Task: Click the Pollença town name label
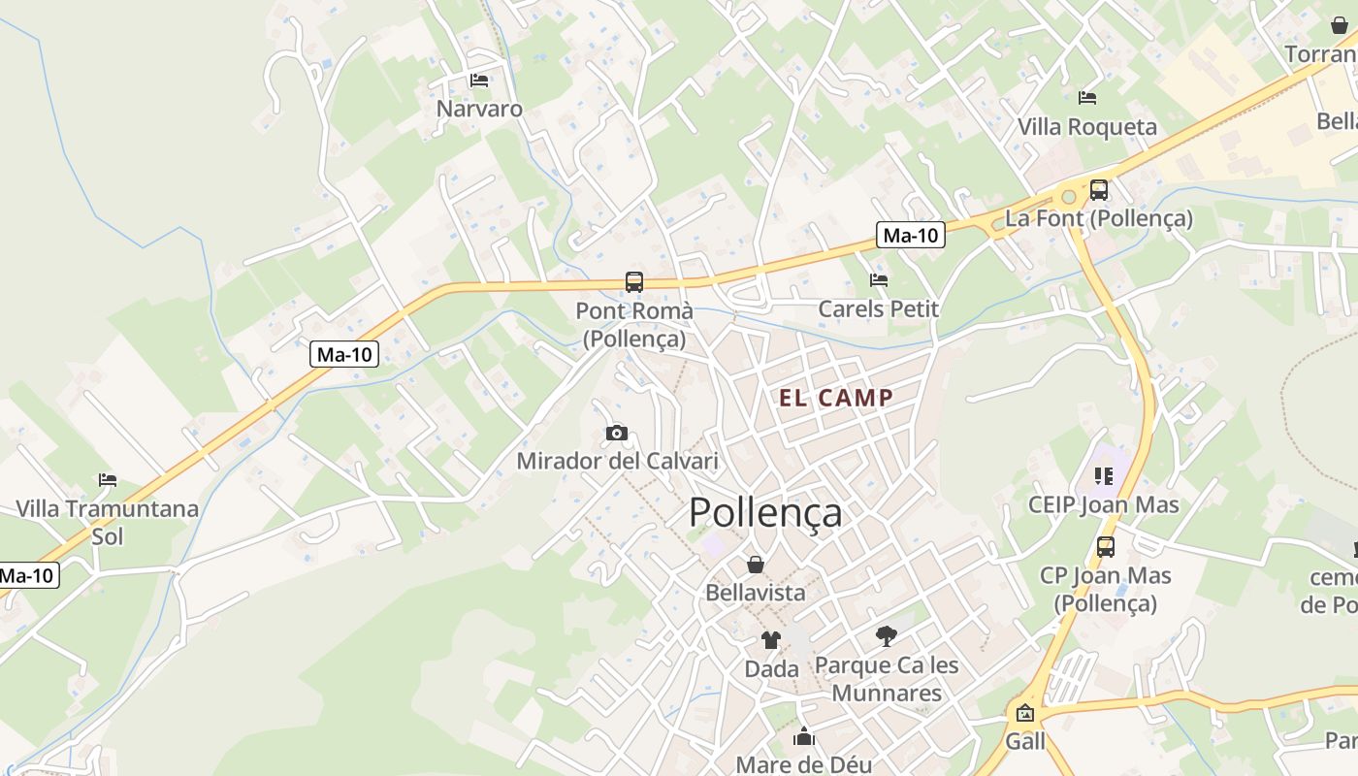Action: [x=765, y=513]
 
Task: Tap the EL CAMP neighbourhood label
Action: [x=836, y=398]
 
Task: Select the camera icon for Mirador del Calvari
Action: [x=616, y=433]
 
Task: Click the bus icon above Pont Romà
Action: [x=633, y=282]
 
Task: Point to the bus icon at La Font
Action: [x=1098, y=190]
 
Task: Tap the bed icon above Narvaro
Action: [x=478, y=81]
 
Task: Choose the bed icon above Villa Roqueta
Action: [x=1086, y=98]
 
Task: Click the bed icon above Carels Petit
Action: [x=879, y=280]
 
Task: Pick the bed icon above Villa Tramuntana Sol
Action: [x=107, y=480]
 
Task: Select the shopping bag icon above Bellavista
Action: [x=756, y=565]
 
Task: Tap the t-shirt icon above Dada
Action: [x=771, y=640]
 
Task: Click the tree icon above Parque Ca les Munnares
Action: [x=886, y=636]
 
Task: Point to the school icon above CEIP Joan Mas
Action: [x=1104, y=476]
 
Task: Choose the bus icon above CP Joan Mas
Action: [x=1105, y=547]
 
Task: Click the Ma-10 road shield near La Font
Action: [x=911, y=235]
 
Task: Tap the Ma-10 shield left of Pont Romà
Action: [x=344, y=355]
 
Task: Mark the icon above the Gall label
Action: [x=1024, y=714]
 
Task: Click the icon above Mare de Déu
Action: [x=803, y=738]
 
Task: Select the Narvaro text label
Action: [x=479, y=109]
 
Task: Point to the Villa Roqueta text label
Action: [x=1086, y=127]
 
